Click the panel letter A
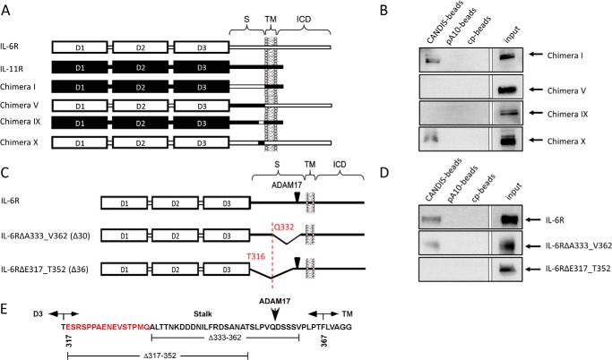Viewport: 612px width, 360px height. coord(7,7)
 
